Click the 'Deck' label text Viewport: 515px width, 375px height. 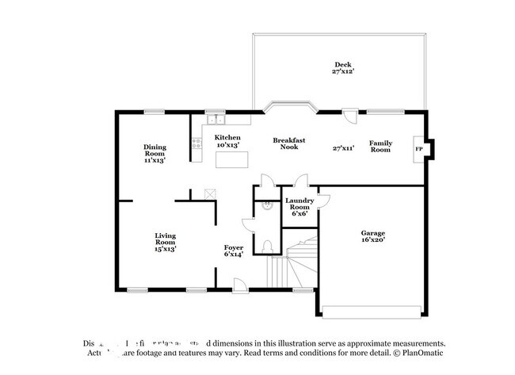point(342,65)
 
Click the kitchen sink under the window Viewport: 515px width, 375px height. point(213,121)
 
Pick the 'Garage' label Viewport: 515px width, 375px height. point(373,233)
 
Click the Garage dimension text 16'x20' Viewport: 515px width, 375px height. point(373,242)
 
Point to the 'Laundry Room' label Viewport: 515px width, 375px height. point(299,205)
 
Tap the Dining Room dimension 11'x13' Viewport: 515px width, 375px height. point(154,160)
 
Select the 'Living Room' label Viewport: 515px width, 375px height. point(165,239)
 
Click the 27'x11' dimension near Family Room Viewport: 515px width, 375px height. point(343,147)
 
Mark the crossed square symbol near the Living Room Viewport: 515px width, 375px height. point(210,193)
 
